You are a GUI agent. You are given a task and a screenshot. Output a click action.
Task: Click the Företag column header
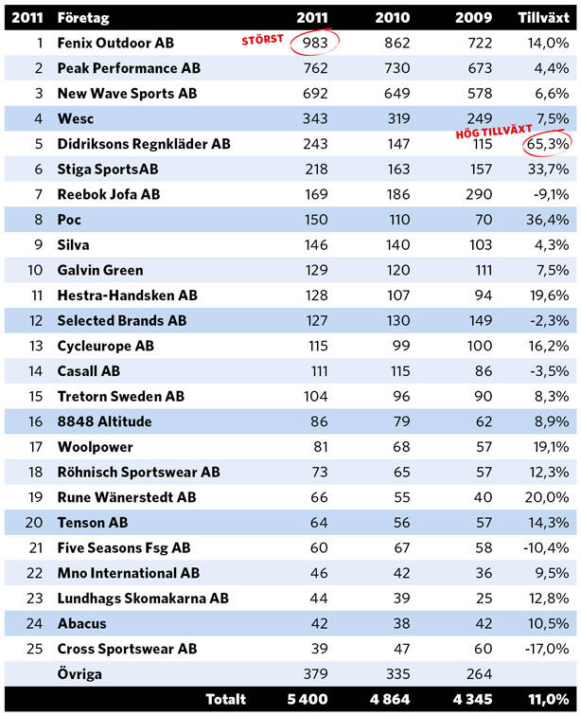(x=83, y=18)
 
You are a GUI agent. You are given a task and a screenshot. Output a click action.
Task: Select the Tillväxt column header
(x=543, y=18)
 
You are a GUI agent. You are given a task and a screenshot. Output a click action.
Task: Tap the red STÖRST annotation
(x=262, y=39)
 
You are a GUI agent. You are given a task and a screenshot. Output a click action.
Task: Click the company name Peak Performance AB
(x=129, y=68)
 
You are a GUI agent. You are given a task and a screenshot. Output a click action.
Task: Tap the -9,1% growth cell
(x=550, y=194)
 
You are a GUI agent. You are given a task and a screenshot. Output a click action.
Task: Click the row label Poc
(x=69, y=220)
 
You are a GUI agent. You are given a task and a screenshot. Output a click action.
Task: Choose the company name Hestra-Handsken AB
(x=127, y=295)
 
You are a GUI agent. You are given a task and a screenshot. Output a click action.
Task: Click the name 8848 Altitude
(x=104, y=421)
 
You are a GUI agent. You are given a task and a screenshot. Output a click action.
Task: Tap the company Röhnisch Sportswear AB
(x=138, y=472)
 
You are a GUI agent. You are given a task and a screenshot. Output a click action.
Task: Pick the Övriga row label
(x=79, y=674)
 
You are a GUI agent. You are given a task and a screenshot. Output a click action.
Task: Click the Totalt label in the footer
(x=225, y=699)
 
